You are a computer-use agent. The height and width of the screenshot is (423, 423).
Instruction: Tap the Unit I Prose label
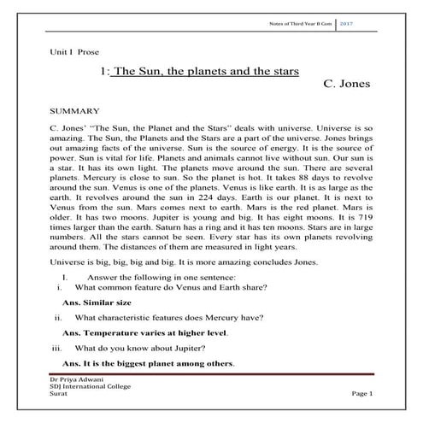pyautogui.click(x=75, y=53)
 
